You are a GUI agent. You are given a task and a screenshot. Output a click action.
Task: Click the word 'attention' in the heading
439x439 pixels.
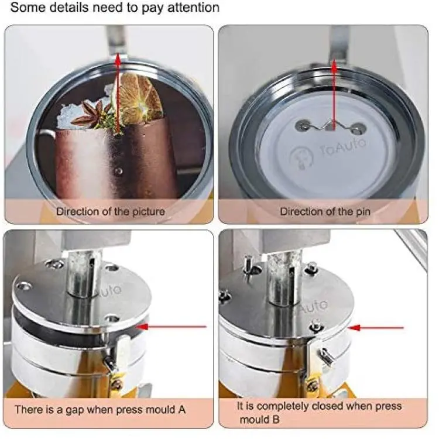[x=193, y=8]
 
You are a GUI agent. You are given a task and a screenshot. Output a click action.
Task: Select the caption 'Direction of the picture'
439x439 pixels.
[x=111, y=212]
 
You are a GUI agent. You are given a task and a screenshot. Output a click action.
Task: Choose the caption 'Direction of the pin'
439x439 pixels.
[x=325, y=212]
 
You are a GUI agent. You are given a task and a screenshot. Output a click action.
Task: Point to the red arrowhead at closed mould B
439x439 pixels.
[x=354, y=327]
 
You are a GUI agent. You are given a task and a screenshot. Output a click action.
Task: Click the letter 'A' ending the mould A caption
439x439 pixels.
[x=182, y=410]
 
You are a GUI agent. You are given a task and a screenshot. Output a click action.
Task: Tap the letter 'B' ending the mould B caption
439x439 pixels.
[x=276, y=420]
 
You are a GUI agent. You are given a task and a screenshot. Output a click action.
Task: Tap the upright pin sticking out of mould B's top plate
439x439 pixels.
[x=248, y=268]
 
